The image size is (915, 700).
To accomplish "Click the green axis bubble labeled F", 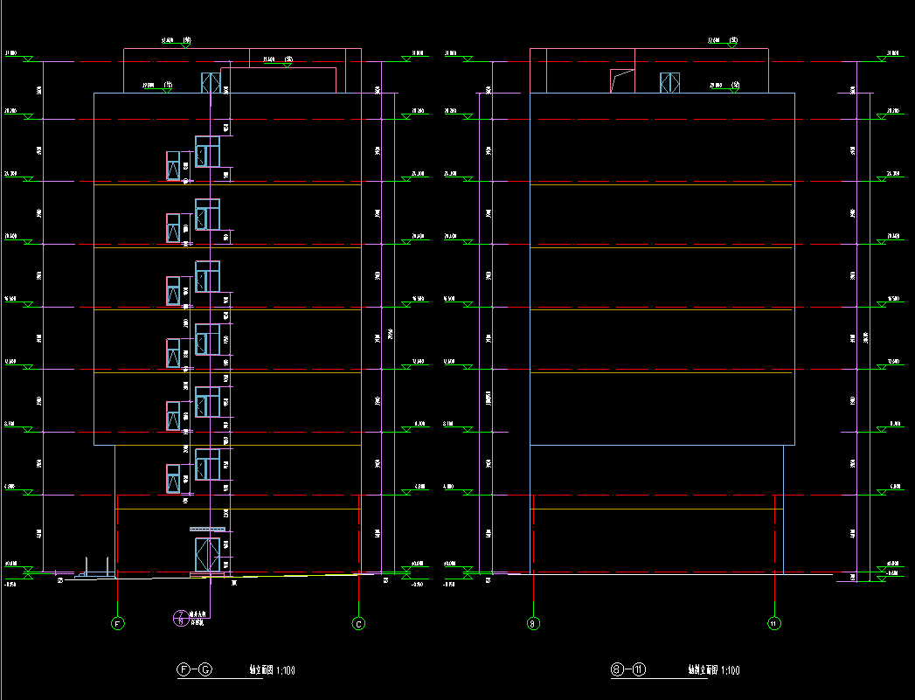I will (117, 623).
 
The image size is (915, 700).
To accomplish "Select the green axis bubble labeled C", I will (358, 623).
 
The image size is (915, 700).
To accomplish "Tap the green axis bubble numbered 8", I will (531, 623).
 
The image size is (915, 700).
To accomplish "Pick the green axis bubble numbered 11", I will (773, 623).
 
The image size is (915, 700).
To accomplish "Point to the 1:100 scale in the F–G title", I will (284, 671).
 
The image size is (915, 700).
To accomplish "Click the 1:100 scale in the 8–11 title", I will (728, 671).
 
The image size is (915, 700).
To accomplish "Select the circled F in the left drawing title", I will (184, 670).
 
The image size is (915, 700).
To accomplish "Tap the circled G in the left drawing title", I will (205, 670).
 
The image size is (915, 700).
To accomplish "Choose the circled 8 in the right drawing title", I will (617, 670).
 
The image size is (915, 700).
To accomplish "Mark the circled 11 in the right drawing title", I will (639, 670).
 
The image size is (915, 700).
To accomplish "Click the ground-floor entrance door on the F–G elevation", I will (207, 554).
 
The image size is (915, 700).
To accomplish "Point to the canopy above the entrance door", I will (207, 529).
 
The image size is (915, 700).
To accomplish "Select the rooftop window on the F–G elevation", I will (211, 83).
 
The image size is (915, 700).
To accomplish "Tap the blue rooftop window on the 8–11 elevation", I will (669, 83).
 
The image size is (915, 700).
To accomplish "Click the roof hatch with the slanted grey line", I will (621, 80).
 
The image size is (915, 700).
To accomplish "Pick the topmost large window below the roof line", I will (207, 151).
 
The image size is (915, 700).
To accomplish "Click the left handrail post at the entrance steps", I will (86, 565).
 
